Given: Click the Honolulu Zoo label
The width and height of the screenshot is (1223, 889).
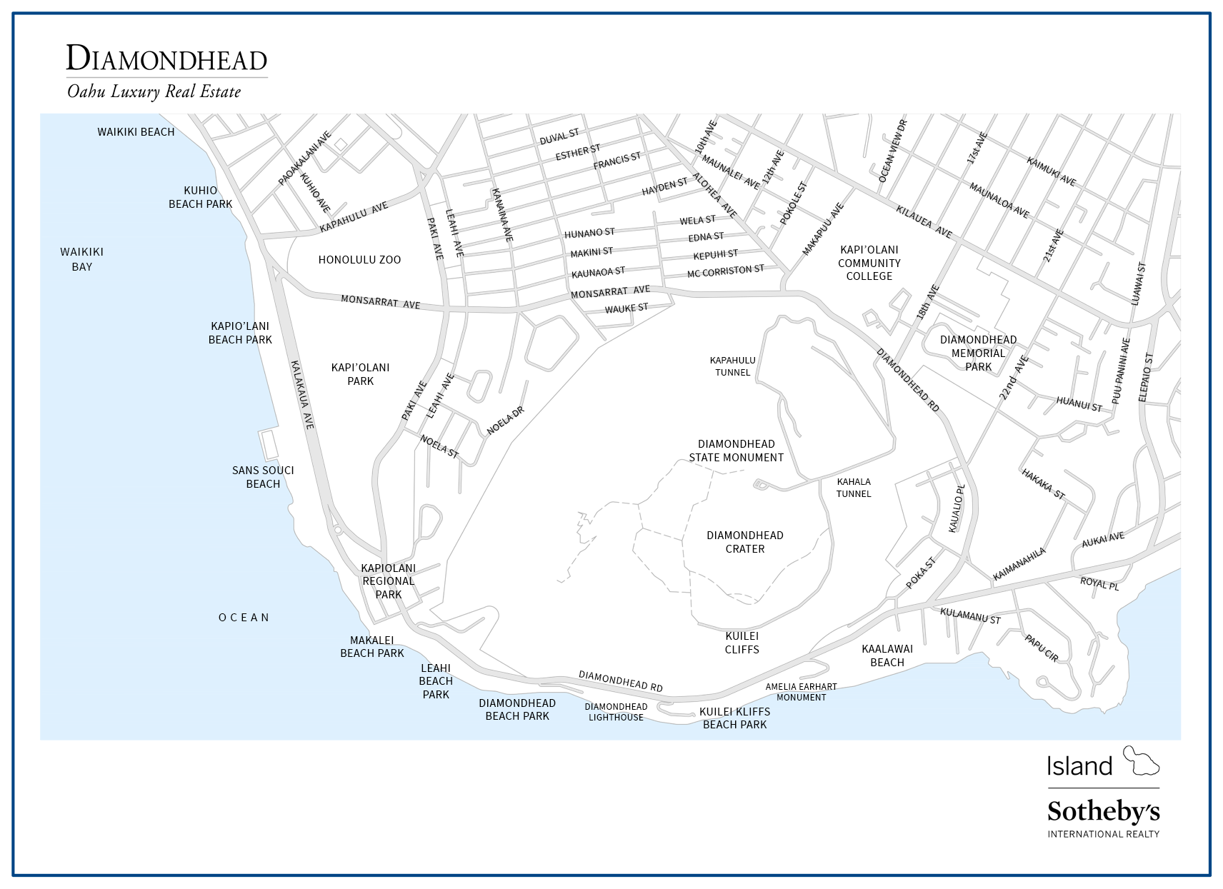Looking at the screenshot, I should point(359,259).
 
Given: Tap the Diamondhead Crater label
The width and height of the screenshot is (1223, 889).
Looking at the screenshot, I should point(745,542).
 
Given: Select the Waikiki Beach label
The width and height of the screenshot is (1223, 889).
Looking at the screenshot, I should point(136,131).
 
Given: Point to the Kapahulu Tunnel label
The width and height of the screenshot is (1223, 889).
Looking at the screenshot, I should point(732,366).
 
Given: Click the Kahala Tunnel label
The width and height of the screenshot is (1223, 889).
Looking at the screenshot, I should point(853,488).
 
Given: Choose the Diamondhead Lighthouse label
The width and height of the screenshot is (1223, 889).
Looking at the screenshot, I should point(616,712).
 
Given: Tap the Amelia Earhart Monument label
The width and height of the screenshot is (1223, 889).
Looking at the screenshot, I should point(801,692).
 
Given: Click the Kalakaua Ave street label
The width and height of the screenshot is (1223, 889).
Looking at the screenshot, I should point(302,394).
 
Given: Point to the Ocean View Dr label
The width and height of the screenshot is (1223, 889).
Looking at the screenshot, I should point(892,151).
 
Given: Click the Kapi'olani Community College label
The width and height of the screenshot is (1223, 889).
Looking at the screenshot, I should point(869,263).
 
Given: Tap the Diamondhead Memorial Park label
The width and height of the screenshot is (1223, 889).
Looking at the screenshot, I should point(978,353).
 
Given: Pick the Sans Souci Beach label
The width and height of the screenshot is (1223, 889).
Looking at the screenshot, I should point(263,477).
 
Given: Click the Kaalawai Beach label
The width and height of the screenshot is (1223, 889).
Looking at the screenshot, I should point(887,656).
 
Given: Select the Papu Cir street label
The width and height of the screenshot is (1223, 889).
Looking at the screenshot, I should point(1041,648).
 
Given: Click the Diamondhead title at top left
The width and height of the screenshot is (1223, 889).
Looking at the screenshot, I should point(166,59).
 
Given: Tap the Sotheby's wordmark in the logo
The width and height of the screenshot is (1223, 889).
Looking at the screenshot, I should point(1103,812).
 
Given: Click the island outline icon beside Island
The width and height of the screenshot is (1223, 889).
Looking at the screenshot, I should point(1141,761).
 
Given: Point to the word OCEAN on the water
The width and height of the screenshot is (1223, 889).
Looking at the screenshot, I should point(244,618).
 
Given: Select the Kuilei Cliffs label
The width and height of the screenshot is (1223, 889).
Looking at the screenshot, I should point(742,643).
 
